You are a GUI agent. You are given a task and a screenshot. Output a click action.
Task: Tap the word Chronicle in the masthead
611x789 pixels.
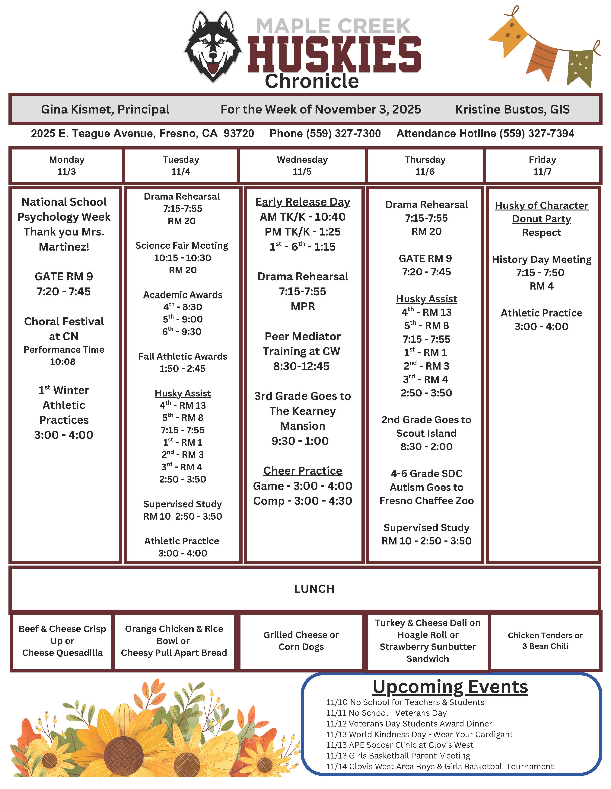coord(312,81)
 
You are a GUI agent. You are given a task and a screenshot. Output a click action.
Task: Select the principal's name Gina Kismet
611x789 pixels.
coord(105,109)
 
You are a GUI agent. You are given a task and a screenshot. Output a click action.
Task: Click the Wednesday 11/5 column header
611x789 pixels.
coord(302,165)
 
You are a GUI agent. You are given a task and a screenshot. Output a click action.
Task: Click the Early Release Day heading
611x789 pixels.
coord(303,202)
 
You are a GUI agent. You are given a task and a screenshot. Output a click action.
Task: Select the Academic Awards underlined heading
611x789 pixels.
coord(183,295)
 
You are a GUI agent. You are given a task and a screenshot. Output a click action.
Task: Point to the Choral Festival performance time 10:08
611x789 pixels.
coord(63,362)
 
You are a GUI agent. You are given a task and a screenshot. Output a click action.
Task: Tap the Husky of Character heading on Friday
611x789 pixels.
coord(541,206)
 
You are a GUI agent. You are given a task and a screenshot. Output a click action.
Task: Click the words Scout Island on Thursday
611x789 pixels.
coord(426,433)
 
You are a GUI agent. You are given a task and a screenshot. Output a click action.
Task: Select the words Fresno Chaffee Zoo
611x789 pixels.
coord(426,501)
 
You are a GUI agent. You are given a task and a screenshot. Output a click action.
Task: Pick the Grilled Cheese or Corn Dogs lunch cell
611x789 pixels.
coord(301,640)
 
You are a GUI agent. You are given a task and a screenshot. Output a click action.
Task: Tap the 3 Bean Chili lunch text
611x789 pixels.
coord(545,646)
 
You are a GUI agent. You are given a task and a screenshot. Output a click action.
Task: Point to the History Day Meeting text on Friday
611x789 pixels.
coord(541,259)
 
